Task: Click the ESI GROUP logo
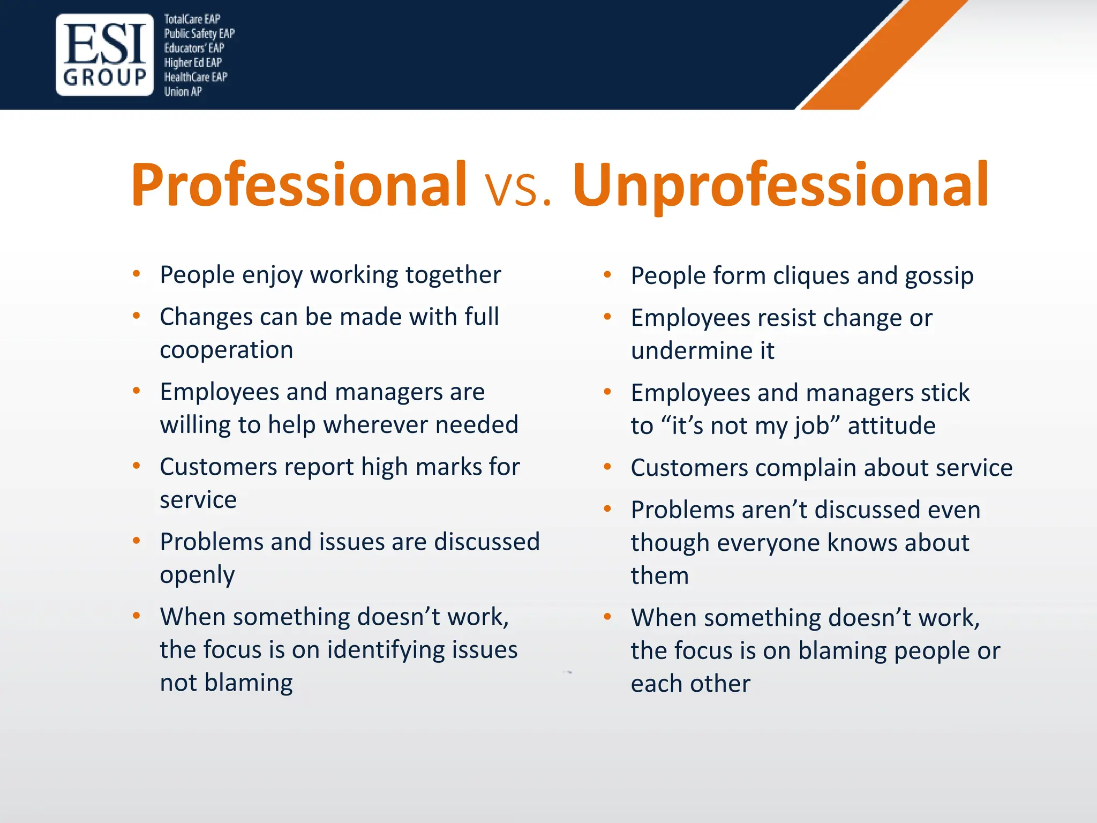tap(104, 55)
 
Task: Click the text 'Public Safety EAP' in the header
tap(199, 34)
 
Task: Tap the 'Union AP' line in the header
tap(183, 92)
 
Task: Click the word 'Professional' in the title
tap(298, 185)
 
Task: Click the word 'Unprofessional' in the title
tap(780, 185)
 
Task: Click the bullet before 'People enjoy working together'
tap(137, 274)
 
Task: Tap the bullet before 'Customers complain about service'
tap(607, 467)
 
